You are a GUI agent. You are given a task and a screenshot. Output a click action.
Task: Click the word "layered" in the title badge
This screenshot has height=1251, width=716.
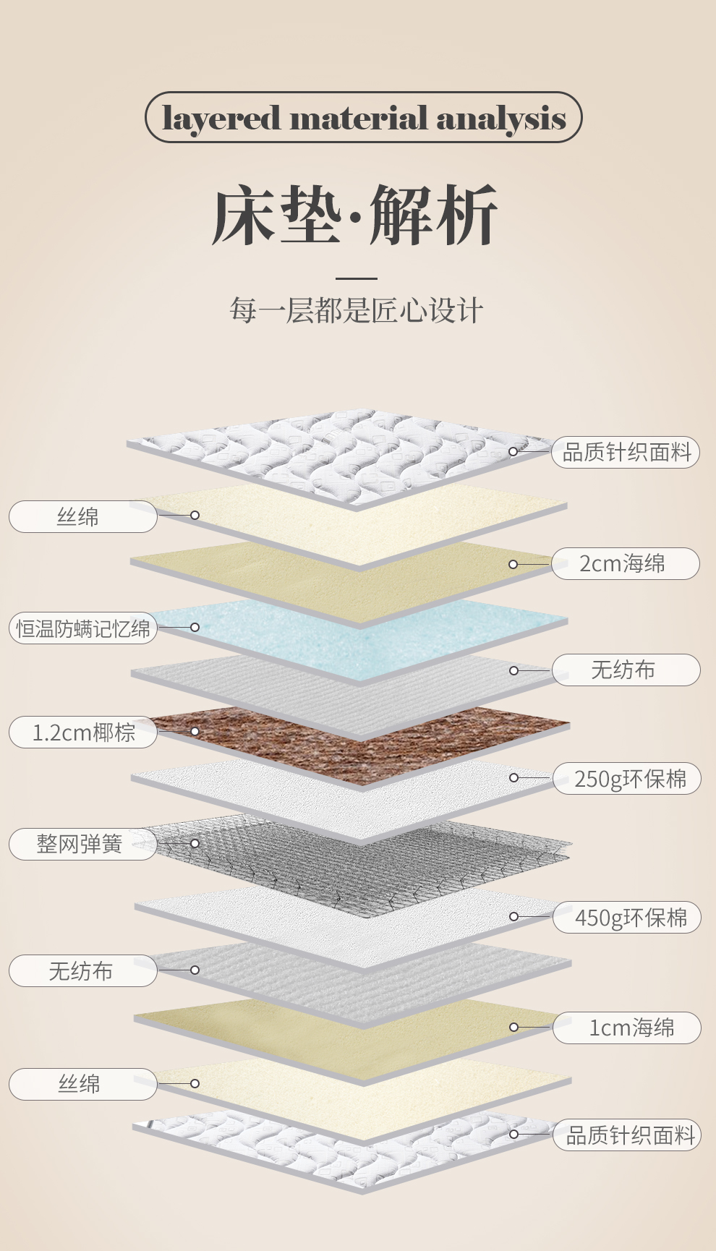pos(221,118)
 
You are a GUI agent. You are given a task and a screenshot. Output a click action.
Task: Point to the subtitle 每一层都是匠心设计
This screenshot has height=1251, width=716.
pos(357,310)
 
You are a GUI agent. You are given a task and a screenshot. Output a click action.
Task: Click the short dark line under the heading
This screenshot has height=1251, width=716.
pos(357,278)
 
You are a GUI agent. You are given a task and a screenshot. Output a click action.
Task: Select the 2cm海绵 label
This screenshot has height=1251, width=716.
pos(626,563)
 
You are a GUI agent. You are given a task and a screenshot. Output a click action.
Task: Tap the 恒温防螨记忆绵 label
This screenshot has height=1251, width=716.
pos(83,628)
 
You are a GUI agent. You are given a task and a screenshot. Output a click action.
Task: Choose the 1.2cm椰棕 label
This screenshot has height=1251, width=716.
pos(83,733)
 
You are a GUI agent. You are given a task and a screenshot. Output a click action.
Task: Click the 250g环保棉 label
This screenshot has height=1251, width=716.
pos(627,779)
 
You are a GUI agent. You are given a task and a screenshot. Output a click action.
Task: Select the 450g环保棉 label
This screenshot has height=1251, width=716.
pos(627,918)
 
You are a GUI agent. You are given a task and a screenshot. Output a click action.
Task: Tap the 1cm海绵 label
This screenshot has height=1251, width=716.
pos(627,1028)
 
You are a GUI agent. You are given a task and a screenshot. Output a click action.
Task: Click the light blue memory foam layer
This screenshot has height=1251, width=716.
pos(362,633)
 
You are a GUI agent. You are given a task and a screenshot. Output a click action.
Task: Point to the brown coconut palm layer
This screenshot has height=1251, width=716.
pos(362,745)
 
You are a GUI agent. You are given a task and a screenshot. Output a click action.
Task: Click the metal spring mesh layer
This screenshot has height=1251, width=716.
pos(362,861)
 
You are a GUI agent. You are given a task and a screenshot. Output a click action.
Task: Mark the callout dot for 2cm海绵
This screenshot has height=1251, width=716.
pos(513,564)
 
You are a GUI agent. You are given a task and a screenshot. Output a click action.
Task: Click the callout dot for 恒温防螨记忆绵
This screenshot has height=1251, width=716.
pos(195,627)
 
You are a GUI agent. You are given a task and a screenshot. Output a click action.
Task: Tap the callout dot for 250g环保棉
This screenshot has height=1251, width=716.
pos(514,778)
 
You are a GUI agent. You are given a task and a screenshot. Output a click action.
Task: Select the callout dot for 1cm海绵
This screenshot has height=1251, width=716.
pos(514,1027)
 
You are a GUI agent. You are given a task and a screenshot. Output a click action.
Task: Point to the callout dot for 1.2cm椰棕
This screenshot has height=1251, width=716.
pos(195,732)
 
